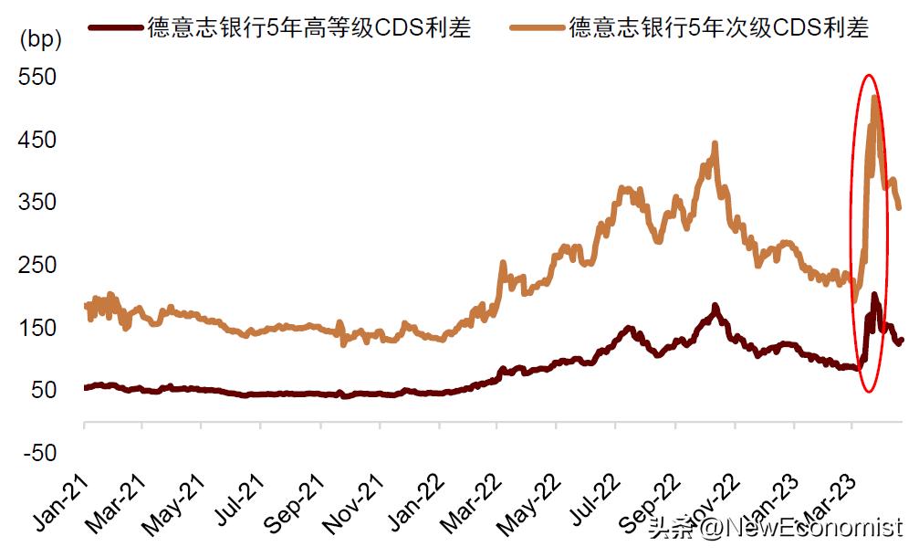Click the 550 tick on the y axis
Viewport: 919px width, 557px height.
[x=37, y=78]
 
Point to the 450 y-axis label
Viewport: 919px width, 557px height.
[x=37, y=141]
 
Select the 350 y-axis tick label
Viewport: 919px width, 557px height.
[x=37, y=203]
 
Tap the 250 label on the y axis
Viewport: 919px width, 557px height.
[x=37, y=266]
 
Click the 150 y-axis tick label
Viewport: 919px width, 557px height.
[x=37, y=328]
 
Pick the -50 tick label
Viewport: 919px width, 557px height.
[x=37, y=454]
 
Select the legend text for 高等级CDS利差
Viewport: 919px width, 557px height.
[x=309, y=27]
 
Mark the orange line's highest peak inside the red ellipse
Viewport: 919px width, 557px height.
[x=874, y=97]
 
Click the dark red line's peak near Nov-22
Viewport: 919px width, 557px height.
[x=715, y=306]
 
